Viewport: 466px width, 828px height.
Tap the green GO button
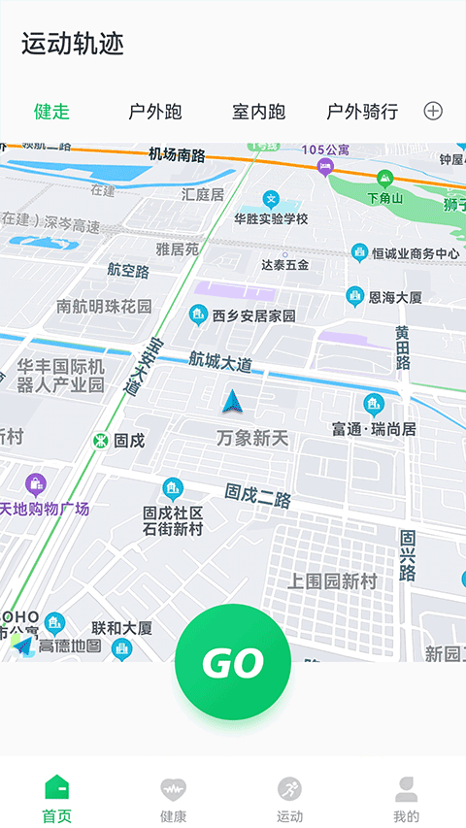pyautogui.click(x=233, y=662)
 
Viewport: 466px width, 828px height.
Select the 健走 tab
pyautogui.click(x=51, y=112)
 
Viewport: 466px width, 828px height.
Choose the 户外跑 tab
pyautogui.click(x=155, y=112)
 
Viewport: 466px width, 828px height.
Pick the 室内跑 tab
pyautogui.click(x=259, y=112)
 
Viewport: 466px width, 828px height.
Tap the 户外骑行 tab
pyautogui.click(x=362, y=112)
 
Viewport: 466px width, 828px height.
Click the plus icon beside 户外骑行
pyautogui.click(x=433, y=111)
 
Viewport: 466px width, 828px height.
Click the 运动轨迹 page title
pyautogui.click(x=73, y=44)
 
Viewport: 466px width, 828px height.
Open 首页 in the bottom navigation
pyautogui.click(x=57, y=798)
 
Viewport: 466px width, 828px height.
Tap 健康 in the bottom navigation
pyautogui.click(x=174, y=798)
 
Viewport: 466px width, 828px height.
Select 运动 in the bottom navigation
pyautogui.click(x=289, y=798)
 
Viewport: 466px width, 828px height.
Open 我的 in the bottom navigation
pyautogui.click(x=407, y=798)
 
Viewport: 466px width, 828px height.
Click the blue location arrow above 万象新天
pyautogui.click(x=231, y=401)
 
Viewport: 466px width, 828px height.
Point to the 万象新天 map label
pyautogui.click(x=252, y=439)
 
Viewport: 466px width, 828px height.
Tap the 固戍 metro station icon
pyautogui.click(x=100, y=441)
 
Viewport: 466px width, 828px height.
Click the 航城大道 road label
pyautogui.click(x=220, y=363)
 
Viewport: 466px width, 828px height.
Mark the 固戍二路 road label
pyautogui.click(x=258, y=497)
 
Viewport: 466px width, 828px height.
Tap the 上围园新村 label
pyautogui.click(x=331, y=580)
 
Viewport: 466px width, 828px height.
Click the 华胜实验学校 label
pyautogui.click(x=271, y=218)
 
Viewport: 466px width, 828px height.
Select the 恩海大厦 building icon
pyautogui.click(x=355, y=296)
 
